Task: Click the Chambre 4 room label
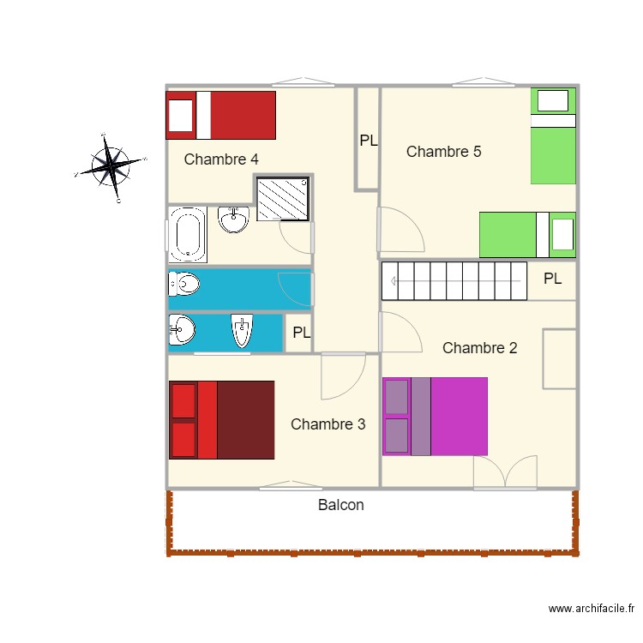221,159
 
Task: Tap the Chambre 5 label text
443,152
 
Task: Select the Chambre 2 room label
479,348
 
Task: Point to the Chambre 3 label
328,424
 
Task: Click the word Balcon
340,505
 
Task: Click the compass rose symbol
111,165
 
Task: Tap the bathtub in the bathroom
187,234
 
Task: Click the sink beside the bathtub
233,220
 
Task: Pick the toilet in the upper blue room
183,283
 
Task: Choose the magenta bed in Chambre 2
435,416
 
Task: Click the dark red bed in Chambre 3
221,419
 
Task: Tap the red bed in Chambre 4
221,115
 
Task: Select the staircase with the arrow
454,280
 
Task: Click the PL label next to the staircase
552,279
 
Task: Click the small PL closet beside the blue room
301,334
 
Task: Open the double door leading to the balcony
505,473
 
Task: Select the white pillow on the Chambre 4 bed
180,115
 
